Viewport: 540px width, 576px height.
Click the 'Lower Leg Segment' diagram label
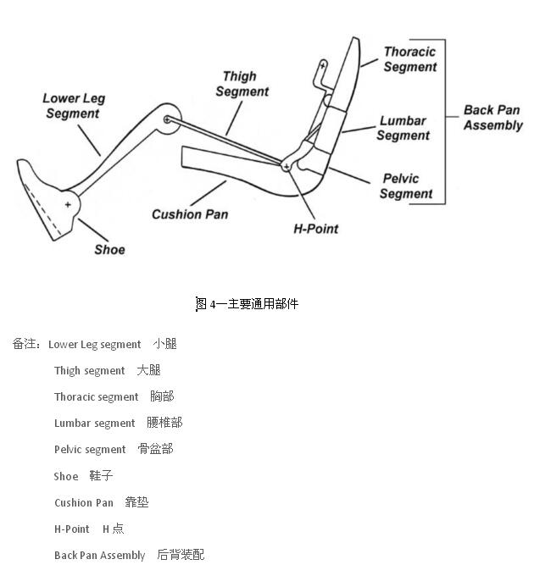[x=74, y=106]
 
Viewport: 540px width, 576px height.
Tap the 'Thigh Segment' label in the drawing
[x=242, y=84]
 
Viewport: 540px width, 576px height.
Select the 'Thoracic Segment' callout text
[x=410, y=59]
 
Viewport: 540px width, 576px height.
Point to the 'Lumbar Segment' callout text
[x=403, y=128]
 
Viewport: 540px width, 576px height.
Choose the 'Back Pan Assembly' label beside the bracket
[x=493, y=118]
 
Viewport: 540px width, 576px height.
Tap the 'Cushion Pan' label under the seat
[x=190, y=214]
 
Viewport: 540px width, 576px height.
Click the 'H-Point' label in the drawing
[x=315, y=229]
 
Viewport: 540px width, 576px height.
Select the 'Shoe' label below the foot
[x=110, y=250]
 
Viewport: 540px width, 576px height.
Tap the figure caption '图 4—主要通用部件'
[x=247, y=303]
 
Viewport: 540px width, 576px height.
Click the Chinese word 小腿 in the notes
[x=165, y=344]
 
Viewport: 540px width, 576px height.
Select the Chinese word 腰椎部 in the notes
[x=164, y=423]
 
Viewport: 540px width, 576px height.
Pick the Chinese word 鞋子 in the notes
[x=101, y=476]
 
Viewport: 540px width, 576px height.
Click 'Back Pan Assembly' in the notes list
[x=99, y=556]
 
